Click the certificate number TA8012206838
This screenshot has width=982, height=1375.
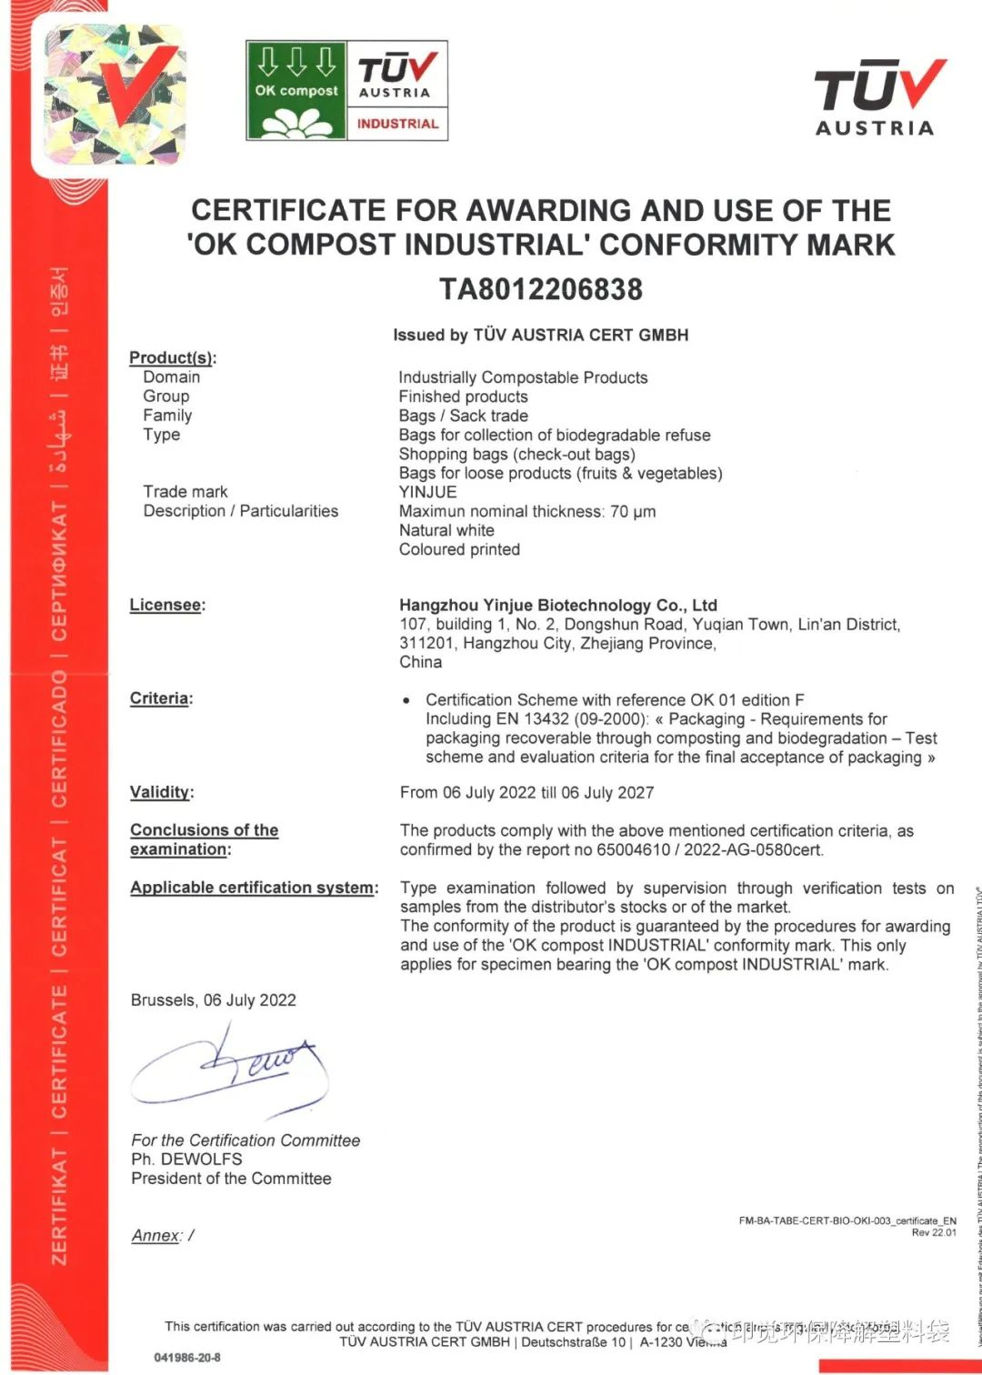(x=541, y=289)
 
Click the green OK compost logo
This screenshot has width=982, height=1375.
(x=296, y=90)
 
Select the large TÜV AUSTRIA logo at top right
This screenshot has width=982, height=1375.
(x=877, y=97)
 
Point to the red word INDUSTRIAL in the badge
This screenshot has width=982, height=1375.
(x=397, y=124)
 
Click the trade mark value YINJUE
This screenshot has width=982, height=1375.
(x=427, y=492)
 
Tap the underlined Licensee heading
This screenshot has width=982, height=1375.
(x=166, y=605)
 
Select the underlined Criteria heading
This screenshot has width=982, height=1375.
(x=160, y=698)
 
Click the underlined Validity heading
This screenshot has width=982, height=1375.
(x=160, y=792)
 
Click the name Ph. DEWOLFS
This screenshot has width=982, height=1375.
(x=186, y=1159)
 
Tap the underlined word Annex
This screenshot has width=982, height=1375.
(x=155, y=1235)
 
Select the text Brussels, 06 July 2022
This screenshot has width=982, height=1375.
(x=214, y=1000)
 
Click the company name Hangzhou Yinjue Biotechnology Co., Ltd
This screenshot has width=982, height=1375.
(x=558, y=605)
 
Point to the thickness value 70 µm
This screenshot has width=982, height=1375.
(x=633, y=511)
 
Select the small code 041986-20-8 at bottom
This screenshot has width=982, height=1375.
(x=187, y=1358)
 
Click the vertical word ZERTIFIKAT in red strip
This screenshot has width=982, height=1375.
(x=59, y=1206)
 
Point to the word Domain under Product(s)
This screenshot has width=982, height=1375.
(x=171, y=377)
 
